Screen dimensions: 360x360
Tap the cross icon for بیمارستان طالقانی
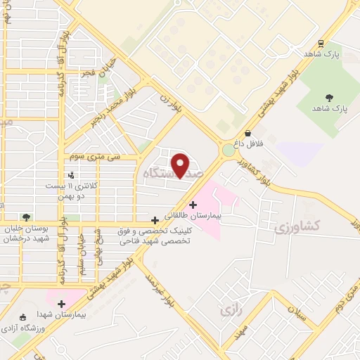(193, 205)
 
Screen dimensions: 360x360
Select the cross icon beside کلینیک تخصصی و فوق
(155, 220)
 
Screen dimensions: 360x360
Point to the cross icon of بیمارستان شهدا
(61, 304)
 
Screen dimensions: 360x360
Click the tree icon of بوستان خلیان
(26, 217)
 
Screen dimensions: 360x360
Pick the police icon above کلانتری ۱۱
(71, 174)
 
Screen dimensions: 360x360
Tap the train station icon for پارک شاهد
(321, 43)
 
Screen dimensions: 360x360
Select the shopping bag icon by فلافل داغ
(247, 134)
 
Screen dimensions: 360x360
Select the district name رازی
(230, 309)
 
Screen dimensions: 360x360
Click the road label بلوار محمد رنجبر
(112, 112)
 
